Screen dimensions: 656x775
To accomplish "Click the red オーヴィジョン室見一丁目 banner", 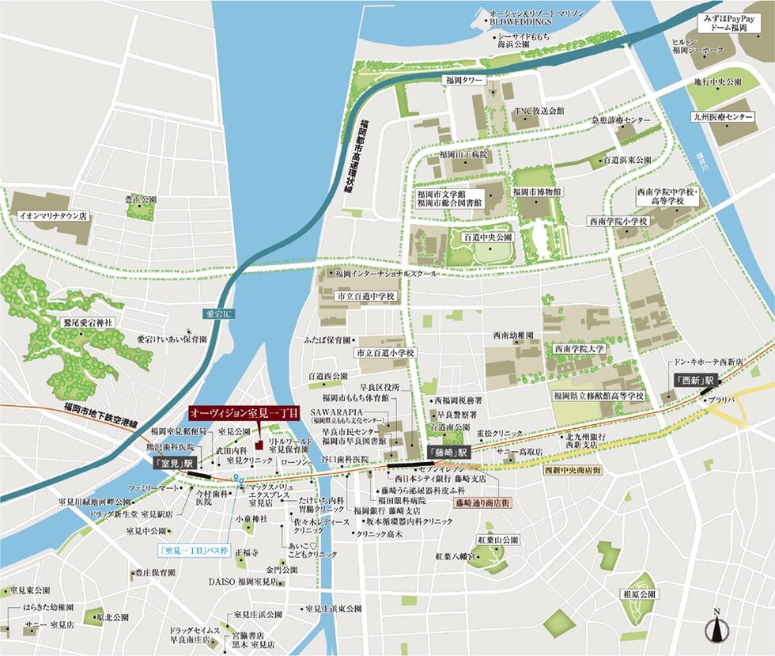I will pos(244,414).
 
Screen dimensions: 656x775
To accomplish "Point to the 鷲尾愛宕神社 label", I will pos(89,323).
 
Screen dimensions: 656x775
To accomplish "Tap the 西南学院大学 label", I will pos(579,347).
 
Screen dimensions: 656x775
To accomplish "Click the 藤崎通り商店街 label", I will pos(482,502).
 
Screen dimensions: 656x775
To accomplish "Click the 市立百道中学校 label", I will pos(366,295).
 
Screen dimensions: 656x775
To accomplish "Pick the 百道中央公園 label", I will pos(488,237).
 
